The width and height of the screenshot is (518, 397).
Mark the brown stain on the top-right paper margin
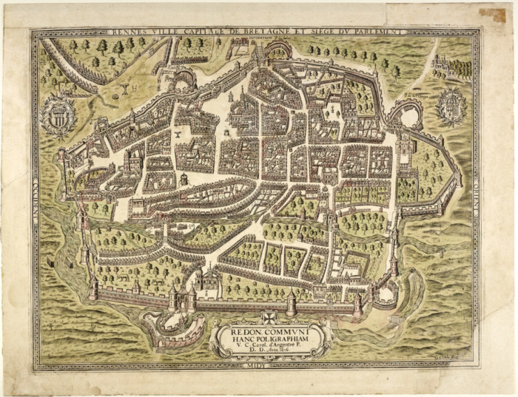coord(491,14)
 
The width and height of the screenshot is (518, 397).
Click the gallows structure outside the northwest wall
coord(125,87)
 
